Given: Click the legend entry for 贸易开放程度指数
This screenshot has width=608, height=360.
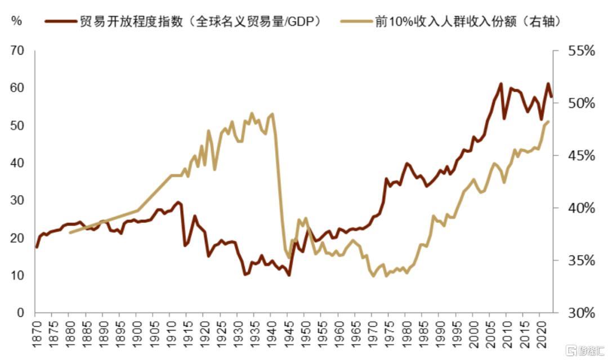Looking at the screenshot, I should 186,22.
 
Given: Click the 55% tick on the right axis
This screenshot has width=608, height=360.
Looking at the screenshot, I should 580,51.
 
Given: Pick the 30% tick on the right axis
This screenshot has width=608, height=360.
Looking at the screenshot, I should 580,313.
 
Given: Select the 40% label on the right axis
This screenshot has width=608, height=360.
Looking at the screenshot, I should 580,208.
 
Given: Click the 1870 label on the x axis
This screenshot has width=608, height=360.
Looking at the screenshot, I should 35,335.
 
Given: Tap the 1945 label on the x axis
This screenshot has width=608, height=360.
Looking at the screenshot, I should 289,335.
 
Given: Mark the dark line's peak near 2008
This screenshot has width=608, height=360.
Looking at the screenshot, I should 500,84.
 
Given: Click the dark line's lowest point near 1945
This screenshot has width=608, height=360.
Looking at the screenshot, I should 289,275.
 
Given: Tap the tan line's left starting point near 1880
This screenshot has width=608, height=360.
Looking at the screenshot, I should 70,232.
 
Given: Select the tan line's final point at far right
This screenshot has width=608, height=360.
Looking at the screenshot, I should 548,121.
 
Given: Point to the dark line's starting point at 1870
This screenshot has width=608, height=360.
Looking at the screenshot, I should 36,247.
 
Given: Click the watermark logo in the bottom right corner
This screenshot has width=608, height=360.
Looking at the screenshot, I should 585,352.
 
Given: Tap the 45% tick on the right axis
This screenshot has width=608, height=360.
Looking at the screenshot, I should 580,156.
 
